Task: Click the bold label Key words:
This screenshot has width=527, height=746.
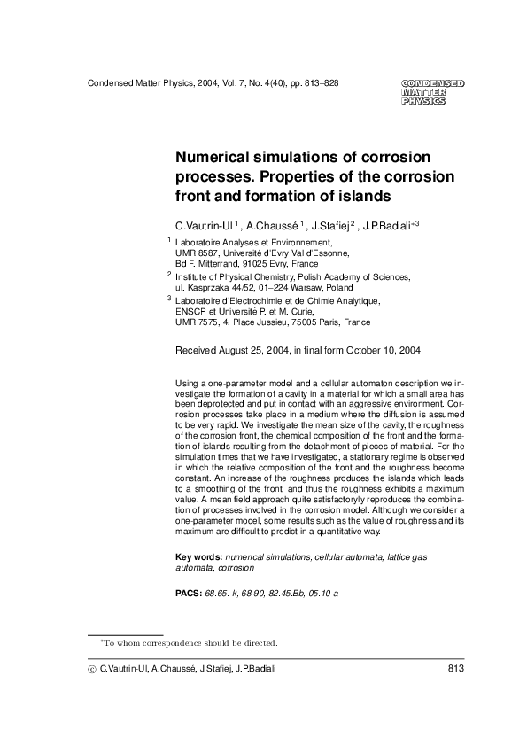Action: tap(199, 556)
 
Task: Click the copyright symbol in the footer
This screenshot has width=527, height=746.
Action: tap(91, 668)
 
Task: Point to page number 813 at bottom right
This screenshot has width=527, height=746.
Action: tap(456, 668)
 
